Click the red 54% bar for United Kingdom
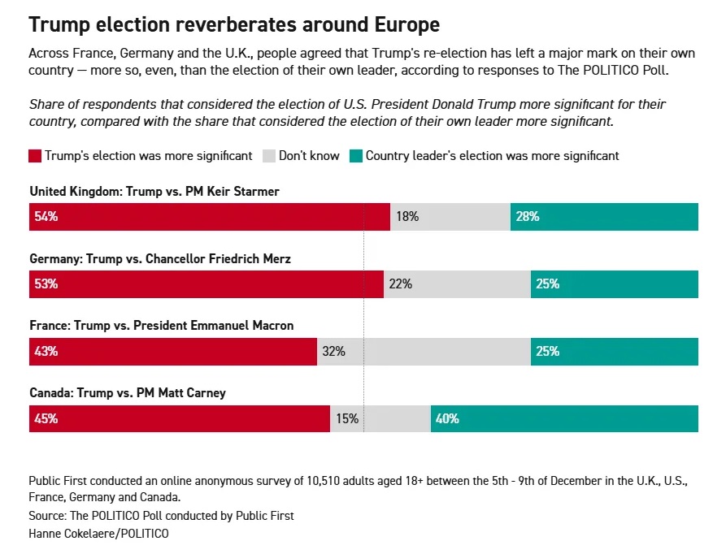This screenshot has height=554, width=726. [x=209, y=218]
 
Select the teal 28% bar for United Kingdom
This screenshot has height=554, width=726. [x=604, y=218]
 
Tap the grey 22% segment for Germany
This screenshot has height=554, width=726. [x=457, y=284]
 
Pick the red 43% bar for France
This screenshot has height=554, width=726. [x=173, y=352]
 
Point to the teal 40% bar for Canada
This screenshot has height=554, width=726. [x=564, y=419]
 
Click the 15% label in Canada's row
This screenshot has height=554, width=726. [x=347, y=419]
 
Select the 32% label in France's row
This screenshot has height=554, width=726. [x=333, y=352]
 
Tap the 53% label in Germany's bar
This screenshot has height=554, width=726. [x=46, y=284]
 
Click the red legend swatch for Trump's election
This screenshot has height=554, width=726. [x=35, y=156]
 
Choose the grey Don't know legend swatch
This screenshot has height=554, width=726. [x=268, y=156]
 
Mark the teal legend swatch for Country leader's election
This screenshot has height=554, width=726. [x=355, y=156]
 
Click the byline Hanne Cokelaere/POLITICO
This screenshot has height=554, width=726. [x=99, y=534]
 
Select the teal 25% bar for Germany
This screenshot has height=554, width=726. [x=615, y=284]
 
